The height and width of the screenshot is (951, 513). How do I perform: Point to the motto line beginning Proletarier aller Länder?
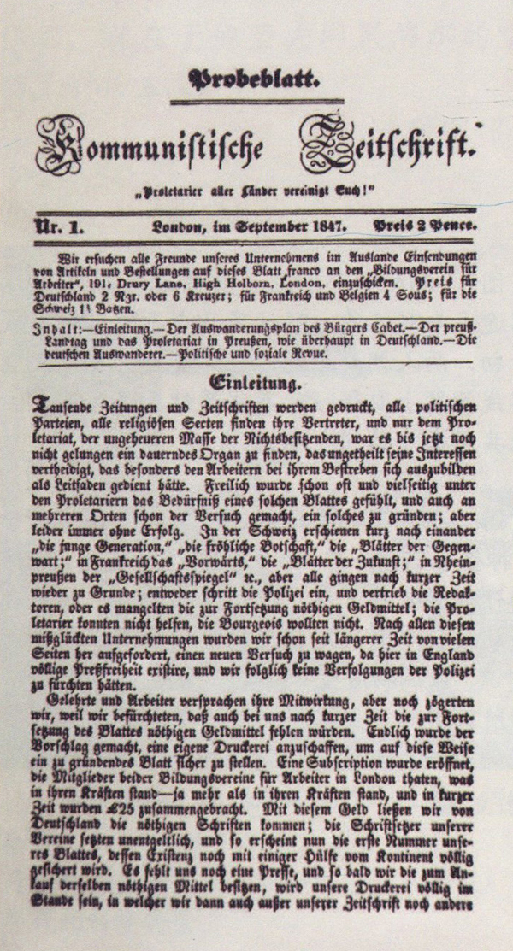[x=257, y=190]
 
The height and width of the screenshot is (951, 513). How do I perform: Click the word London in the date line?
[x=179, y=227]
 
